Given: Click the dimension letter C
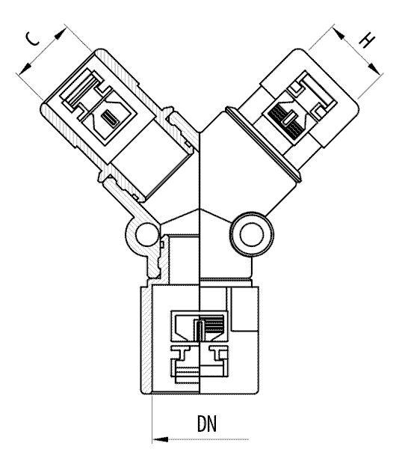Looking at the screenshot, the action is (x=33, y=39).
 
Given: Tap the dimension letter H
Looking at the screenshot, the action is (x=366, y=40).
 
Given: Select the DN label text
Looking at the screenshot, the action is (x=207, y=424).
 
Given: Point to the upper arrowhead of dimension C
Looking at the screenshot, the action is (x=60, y=34).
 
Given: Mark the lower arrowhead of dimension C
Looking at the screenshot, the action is (x=25, y=68).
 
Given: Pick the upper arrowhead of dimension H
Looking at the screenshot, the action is (x=339, y=34).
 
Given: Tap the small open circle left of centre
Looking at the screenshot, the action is (x=146, y=235).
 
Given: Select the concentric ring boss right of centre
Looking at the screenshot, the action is (x=252, y=234).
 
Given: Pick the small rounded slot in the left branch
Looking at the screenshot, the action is (x=110, y=118).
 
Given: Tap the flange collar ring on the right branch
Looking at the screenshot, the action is (x=263, y=144).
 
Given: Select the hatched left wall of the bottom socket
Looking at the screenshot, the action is (x=146, y=340).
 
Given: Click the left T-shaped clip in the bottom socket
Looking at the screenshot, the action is (x=181, y=353).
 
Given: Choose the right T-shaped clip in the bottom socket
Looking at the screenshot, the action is (x=218, y=353).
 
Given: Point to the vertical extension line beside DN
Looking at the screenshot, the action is (x=152, y=418).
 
